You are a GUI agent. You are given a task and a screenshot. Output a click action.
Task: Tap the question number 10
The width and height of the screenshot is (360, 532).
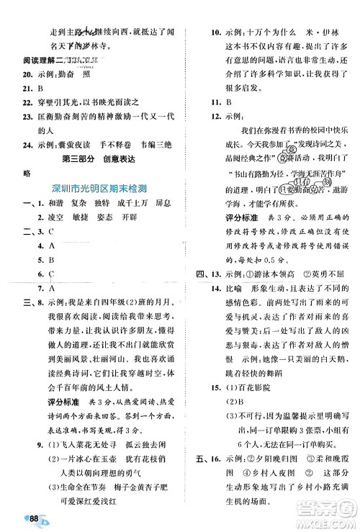pyautogui.click(x=198, y=32)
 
